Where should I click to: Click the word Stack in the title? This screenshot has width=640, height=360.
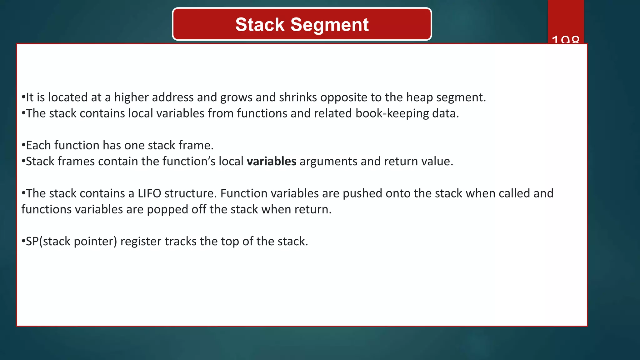(x=260, y=25)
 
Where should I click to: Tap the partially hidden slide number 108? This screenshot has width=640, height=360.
(x=565, y=40)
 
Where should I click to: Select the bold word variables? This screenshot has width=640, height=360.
(x=271, y=162)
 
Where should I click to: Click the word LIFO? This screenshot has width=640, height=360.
(x=149, y=193)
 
